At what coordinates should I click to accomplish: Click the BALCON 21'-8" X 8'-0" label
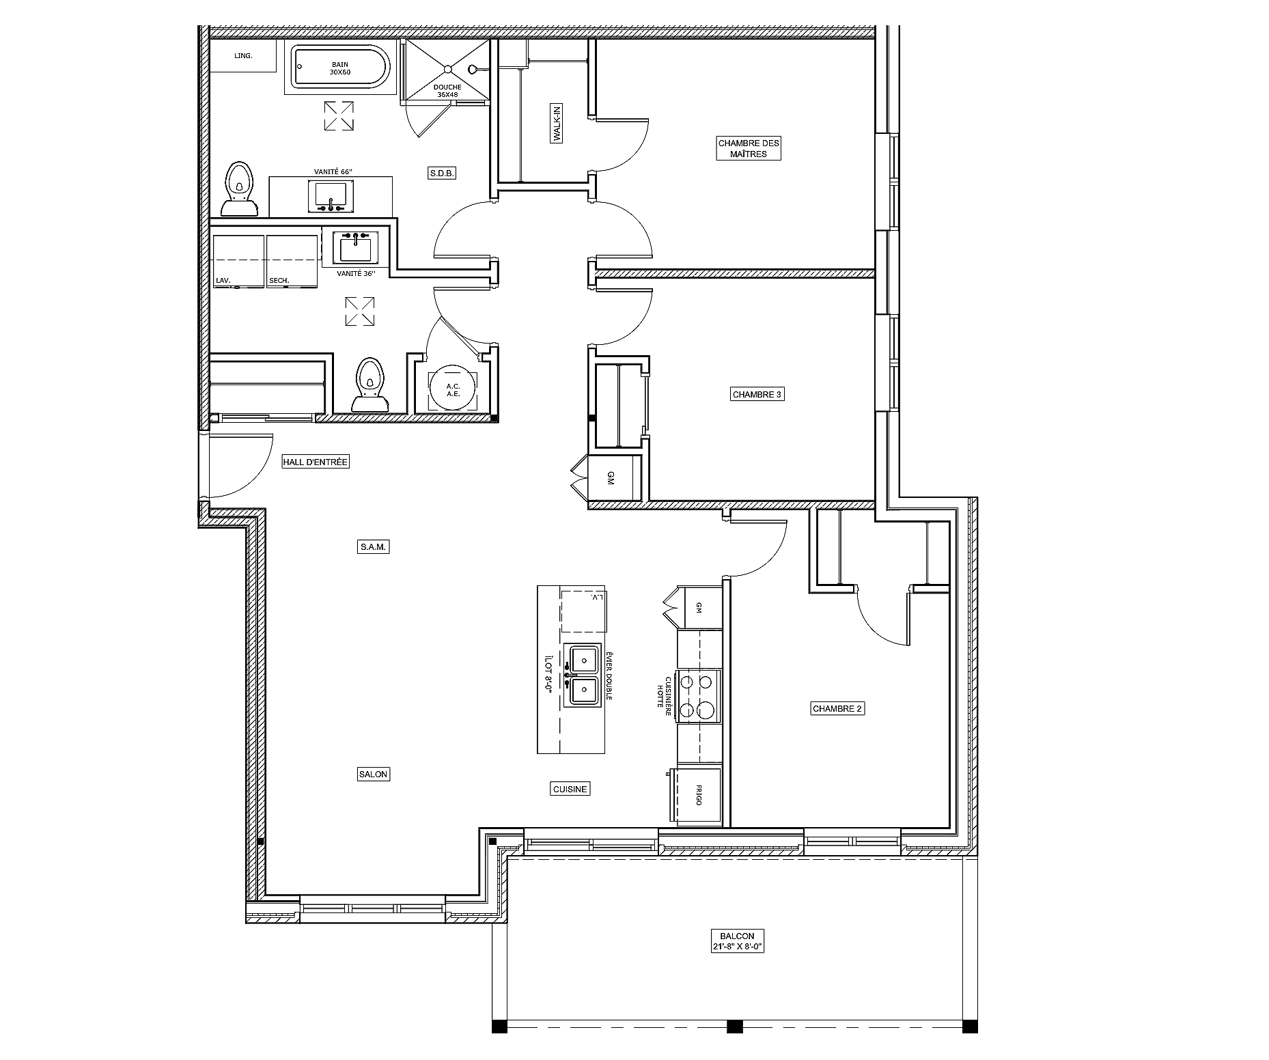(736, 941)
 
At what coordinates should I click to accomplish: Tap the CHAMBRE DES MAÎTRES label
(749, 148)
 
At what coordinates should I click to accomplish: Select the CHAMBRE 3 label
(757, 394)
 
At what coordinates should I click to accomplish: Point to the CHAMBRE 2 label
(837, 708)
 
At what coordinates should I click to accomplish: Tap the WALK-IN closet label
(557, 123)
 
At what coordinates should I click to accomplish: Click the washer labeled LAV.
(238, 261)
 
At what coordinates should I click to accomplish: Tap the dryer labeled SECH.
(292, 261)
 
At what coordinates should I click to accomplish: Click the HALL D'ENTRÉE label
(316, 462)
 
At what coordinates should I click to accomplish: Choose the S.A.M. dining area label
(374, 546)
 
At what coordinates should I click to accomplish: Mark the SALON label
(374, 774)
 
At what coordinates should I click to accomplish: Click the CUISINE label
(570, 789)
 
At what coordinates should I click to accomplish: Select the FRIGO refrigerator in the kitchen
(697, 796)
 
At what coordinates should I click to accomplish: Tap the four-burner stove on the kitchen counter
(699, 696)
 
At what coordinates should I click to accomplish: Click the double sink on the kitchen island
(584, 675)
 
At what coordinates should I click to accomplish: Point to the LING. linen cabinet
(243, 55)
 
